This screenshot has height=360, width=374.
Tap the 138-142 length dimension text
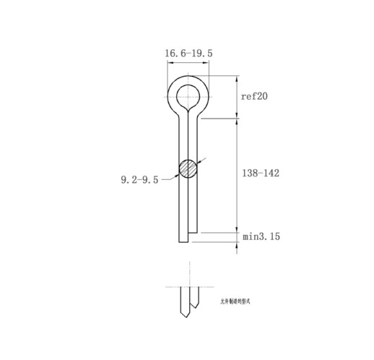coord(260,173)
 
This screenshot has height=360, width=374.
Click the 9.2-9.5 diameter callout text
coord(139,180)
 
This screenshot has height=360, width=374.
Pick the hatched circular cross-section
coord(188,168)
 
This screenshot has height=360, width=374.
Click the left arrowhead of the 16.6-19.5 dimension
coord(170,63)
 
